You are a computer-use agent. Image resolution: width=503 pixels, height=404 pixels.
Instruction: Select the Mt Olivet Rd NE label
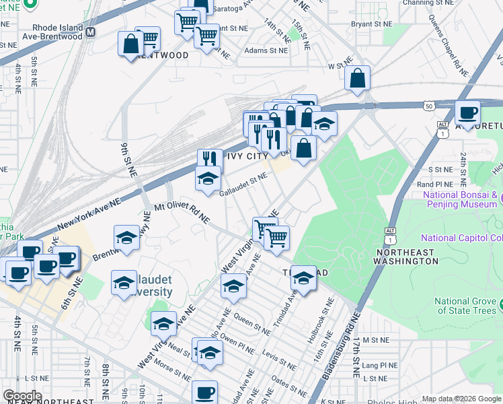point(182,213)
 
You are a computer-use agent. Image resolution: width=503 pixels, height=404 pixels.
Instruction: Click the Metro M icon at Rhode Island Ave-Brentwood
point(90,32)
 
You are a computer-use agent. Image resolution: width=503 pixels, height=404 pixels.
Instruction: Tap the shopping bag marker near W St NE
point(358,78)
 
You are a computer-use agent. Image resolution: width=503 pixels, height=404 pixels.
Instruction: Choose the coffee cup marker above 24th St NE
point(467,112)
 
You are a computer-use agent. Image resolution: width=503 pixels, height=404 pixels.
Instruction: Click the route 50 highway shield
point(429,106)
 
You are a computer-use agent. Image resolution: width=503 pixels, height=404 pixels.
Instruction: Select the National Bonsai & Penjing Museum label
point(461,200)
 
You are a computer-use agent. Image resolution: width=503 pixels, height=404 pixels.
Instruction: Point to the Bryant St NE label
point(372,24)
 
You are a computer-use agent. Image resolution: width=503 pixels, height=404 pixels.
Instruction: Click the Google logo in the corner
point(22,396)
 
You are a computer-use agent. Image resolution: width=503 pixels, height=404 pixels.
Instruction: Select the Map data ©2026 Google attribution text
point(461,399)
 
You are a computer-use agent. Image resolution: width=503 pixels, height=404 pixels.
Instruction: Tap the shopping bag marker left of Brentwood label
point(130,45)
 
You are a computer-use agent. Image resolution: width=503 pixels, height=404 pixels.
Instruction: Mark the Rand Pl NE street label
point(436,184)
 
